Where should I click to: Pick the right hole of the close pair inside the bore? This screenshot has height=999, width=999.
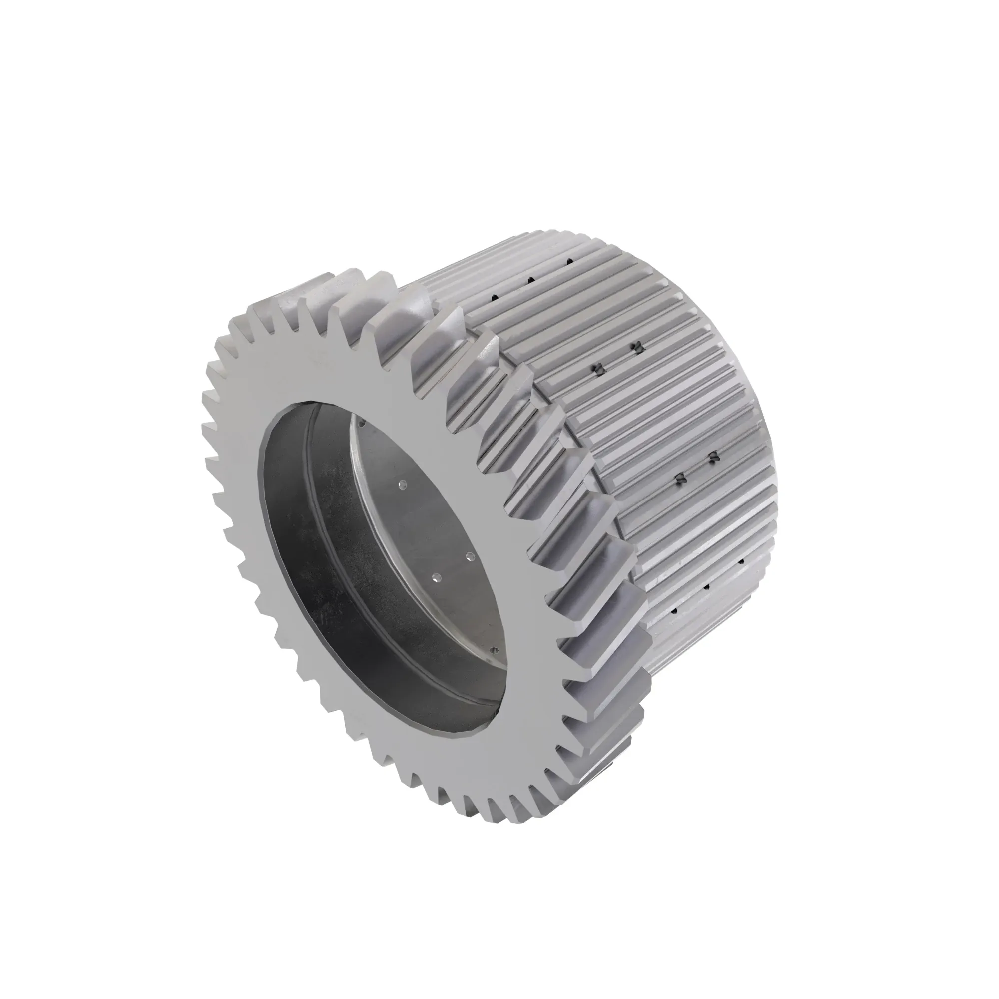pyautogui.click(x=470, y=557)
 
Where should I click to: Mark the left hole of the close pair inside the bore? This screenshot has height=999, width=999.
pyautogui.click(x=436, y=578)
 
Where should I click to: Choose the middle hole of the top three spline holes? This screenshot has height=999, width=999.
pyautogui.click(x=530, y=280)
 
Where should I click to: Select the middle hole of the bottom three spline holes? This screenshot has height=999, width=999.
pyautogui.click(x=707, y=587)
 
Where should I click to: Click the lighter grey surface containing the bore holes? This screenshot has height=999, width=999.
pyautogui.click(x=440, y=517)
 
